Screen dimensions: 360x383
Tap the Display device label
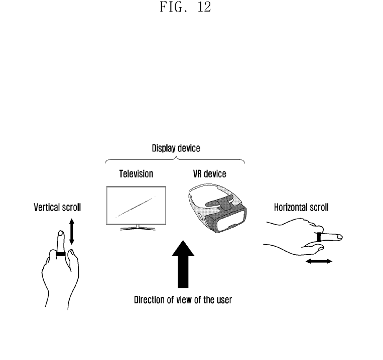[176, 148]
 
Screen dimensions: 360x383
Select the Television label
[136, 174]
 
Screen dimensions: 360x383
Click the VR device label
[210, 174]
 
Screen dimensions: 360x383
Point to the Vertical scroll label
[57, 207]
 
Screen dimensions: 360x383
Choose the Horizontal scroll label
[301, 207]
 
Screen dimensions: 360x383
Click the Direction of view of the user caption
[182, 301]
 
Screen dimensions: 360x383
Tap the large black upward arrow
[182, 266]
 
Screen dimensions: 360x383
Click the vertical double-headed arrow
[71, 232]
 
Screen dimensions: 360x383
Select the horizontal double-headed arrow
[319, 261]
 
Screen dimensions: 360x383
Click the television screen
[137, 205]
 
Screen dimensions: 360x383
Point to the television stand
[136, 227]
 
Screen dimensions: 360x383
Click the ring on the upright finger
[61, 253]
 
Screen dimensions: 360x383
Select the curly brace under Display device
[175, 160]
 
